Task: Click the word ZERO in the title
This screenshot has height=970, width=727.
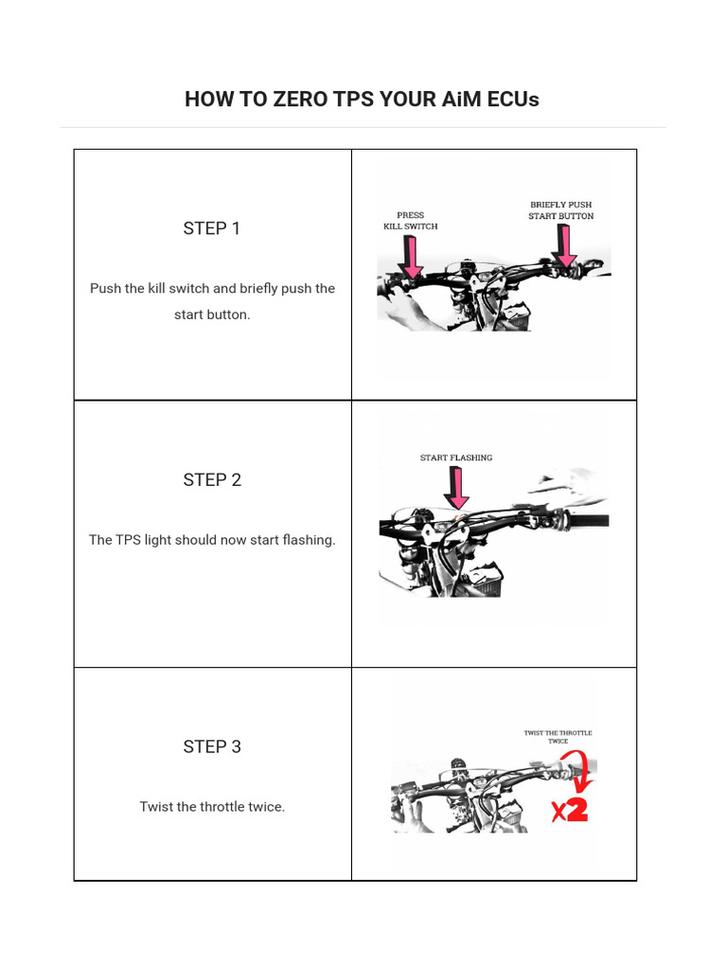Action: [x=300, y=99]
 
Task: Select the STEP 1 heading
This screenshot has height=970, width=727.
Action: [x=212, y=228]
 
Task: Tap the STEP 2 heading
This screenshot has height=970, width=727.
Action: [x=212, y=480]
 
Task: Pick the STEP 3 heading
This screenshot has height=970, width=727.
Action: [x=212, y=747]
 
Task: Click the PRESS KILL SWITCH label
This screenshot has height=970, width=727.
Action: [x=410, y=221]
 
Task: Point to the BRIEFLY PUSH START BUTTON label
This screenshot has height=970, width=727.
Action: [x=561, y=210]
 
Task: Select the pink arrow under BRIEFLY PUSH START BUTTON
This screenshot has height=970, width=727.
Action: [x=564, y=247]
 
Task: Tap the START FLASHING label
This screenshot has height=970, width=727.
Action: [x=456, y=458]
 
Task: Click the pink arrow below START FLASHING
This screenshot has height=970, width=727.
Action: [x=457, y=489]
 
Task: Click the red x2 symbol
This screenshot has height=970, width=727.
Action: [x=570, y=810]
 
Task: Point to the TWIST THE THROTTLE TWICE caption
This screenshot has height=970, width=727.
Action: [x=558, y=737]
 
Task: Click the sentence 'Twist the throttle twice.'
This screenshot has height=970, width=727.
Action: [x=212, y=807]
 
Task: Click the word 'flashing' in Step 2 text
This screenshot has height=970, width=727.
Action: [x=309, y=540]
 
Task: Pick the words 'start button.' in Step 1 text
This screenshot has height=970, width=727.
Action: [x=212, y=314]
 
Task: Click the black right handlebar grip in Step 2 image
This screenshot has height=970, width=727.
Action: [x=586, y=521]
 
